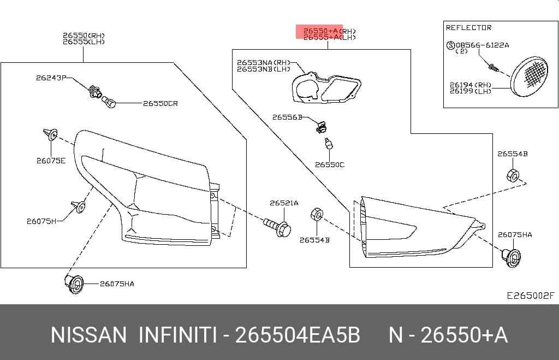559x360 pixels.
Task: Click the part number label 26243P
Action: (x=51, y=78)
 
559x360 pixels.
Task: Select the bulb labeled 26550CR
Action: (x=109, y=102)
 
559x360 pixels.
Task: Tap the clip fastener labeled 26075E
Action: (x=51, y=134)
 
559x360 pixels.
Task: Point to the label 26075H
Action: (x=41, y=221)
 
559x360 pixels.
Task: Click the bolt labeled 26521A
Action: (x=277, y=227)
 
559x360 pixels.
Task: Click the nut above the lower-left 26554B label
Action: (x=317, y=215)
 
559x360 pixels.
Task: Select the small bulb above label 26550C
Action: (x=328, y=144)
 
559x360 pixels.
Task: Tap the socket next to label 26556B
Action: (x=322, y=127)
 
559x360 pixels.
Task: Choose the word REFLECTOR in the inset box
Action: (x=468, y=27)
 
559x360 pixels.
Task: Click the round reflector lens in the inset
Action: (x=528, y=76)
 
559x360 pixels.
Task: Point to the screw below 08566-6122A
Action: (x=493, y=67)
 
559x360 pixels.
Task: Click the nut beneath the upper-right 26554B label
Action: (x=512, y=175)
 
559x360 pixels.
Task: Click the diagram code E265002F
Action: (x=531, y=296)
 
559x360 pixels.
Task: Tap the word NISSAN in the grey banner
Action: (x=88, y=335)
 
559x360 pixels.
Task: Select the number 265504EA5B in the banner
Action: (x=298, y=335)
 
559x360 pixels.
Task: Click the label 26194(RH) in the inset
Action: (x=471, y=85)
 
